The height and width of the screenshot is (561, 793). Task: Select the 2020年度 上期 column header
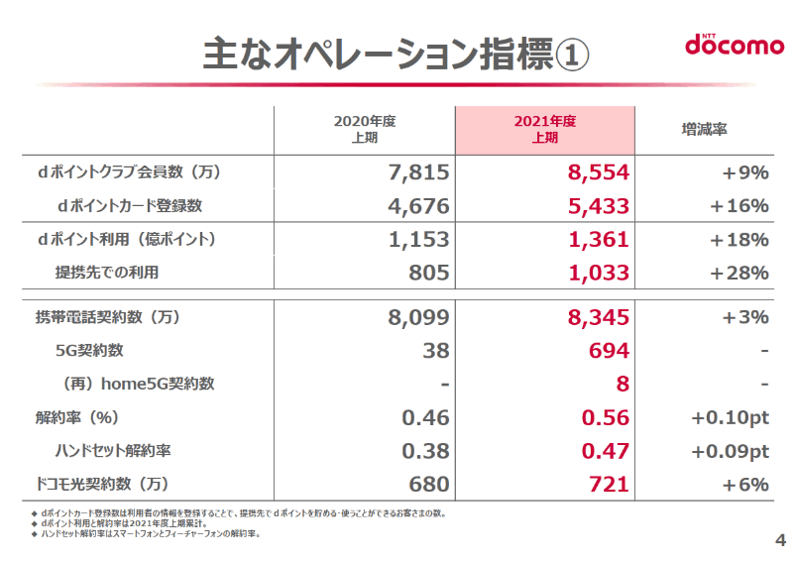point(364,130)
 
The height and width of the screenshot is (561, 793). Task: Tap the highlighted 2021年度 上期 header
point(544,130)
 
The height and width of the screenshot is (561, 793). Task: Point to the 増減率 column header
point(705,130)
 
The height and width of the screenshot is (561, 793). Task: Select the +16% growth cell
point(739,206)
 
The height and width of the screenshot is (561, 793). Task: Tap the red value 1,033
point(599,273)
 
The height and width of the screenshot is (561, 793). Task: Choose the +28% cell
point(739,273)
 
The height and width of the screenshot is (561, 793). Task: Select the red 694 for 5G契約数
point(609,351)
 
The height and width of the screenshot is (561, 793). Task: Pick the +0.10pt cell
point(730,417)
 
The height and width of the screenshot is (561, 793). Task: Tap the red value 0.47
point(605,451)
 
